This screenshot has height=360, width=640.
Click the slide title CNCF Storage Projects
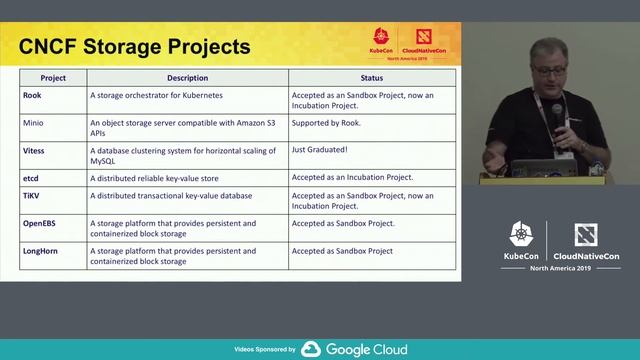click(136, 46)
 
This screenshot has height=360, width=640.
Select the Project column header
click(53, 77)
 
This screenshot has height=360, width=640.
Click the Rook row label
click(33, 95)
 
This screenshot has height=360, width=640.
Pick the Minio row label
click(34, 123)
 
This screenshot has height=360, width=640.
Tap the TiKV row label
click(33, 196)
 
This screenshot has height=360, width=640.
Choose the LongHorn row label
click(42, 251)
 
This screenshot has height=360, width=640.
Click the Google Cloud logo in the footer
click(354, 349)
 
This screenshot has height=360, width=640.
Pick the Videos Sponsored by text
click(264, 350)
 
